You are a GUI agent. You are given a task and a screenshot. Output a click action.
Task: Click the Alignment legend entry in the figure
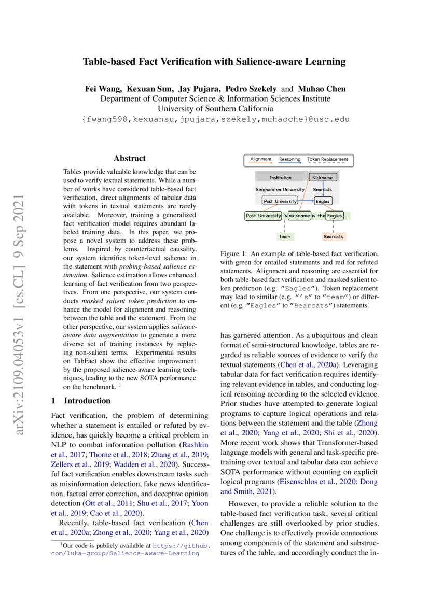(x=261, y=159)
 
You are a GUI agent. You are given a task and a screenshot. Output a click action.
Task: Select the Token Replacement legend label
(x=327, y=159)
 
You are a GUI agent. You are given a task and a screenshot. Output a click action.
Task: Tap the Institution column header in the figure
(x=280, y=177)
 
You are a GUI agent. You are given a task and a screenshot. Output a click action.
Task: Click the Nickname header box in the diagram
(x=322, y=177)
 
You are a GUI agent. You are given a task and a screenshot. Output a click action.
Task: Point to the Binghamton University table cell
(x=280, y=189)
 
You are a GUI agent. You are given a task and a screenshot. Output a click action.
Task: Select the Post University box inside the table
(x=280, y=201)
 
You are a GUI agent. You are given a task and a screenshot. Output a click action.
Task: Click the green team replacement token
(x=284, y=236)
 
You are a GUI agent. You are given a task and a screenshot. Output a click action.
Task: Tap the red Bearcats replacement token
(x=334, y=236)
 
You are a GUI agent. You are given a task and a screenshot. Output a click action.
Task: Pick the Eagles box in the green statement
(x=335, y=215)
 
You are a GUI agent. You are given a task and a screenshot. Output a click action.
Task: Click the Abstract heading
(x=130, y=159)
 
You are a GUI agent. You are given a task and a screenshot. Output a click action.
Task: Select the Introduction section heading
(x=87, y=401)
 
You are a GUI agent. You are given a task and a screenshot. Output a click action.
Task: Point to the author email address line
(x=215, y=119)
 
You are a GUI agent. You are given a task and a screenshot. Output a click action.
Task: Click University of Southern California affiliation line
(x=215, y=109)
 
